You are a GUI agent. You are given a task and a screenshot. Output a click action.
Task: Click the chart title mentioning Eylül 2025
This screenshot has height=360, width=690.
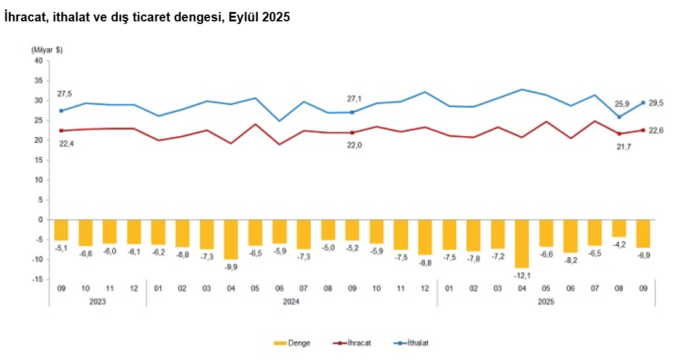(147, 18)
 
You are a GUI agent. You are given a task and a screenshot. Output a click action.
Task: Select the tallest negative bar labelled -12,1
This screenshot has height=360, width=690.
(522, 243)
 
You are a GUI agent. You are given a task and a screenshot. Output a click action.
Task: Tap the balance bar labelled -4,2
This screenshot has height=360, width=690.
(619, 228)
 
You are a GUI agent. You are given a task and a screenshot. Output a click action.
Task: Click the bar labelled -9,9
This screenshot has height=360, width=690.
(231, 239)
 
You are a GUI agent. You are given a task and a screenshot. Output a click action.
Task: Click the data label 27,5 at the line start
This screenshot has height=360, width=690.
(64, 94)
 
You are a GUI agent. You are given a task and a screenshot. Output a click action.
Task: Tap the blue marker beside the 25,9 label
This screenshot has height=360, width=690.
(619, 117)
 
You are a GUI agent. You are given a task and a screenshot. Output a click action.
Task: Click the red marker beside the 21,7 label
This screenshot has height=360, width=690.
(619, 134)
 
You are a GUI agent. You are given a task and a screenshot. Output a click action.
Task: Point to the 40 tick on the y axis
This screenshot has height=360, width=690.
(38, 61)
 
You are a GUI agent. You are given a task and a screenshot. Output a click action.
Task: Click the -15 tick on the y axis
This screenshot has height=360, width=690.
(37, 279)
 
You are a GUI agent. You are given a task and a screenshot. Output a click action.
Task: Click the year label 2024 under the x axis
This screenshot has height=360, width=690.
(291, 301)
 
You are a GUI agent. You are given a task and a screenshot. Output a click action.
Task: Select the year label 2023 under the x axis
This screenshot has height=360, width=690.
(97, 301)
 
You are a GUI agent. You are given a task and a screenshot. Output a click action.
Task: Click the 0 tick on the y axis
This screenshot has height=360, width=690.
(40, 219)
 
